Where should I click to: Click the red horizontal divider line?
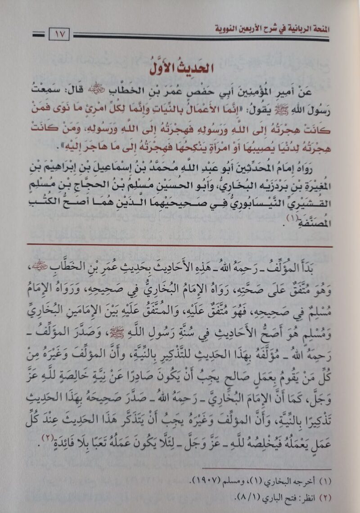[180, 246]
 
